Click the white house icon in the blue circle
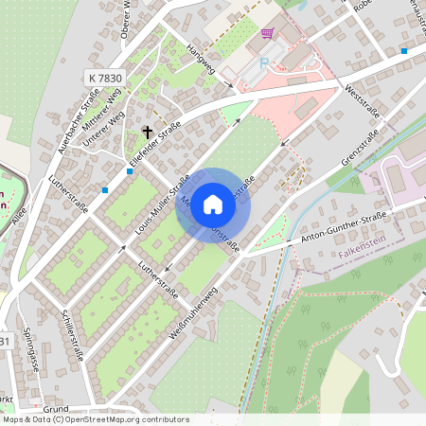[x=213, y=204]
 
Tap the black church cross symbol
[x=148, y=131]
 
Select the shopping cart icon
[x=267, y=32]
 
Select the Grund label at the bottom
[x=55, y=410]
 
